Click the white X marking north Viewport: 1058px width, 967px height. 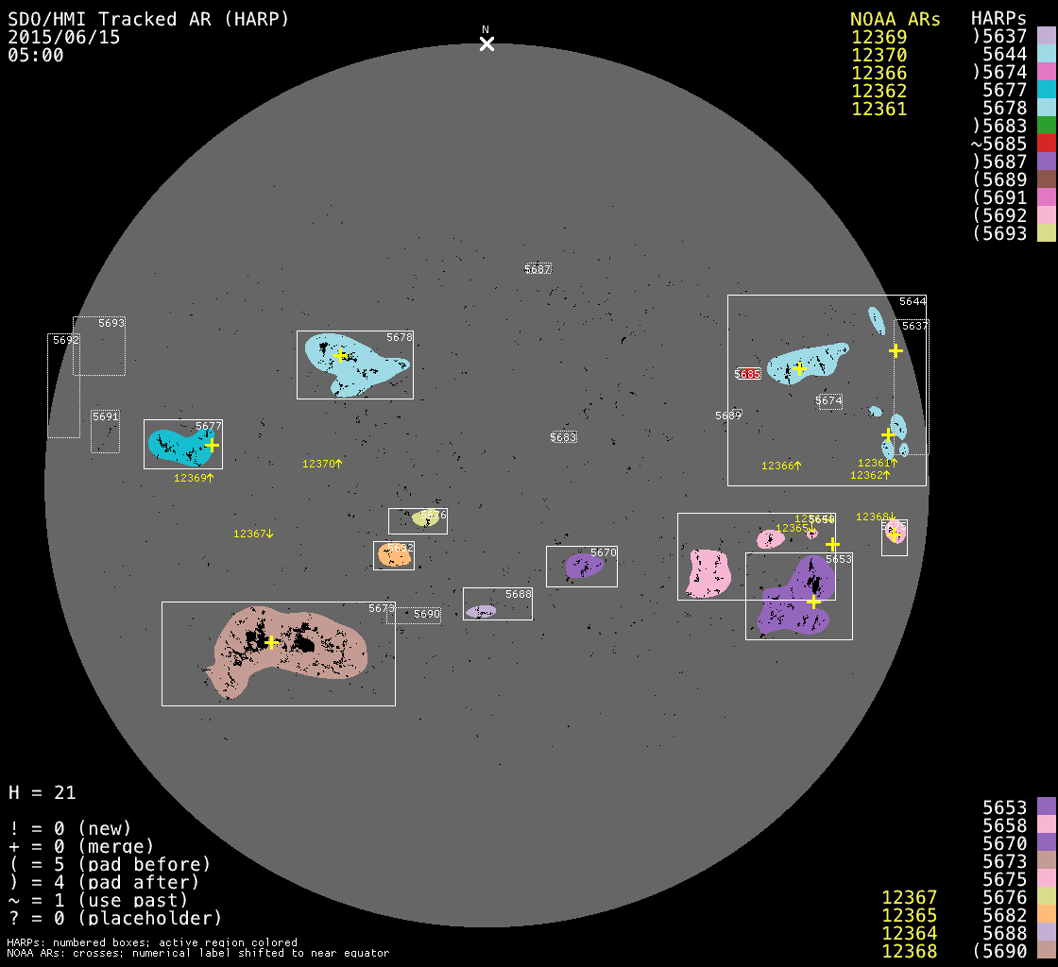click(x=486, y=43)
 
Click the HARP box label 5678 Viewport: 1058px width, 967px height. click(x=400, y=337)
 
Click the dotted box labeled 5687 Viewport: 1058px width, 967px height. click(x=538, y=269)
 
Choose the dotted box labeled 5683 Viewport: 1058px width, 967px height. click(x=563, y=437)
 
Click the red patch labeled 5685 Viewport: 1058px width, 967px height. click(x=748, y=374)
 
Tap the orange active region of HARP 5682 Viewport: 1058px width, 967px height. click(x=395, y=555)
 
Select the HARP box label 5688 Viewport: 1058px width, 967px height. click(x=519, y=594)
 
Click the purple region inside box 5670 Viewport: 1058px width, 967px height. click(x=583, y=566)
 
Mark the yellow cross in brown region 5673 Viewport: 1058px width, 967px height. click(x=271, y=642)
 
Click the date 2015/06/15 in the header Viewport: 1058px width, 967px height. click(x=64, y=38)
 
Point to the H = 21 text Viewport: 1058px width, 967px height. click(x=43, y=792)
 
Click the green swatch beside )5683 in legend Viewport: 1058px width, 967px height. click(x=1046, y=126)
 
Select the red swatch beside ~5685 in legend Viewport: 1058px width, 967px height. click(x=1046, y=144)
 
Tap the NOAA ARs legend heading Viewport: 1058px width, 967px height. click(x=895, y=19)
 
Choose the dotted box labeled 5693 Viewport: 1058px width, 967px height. click(x=99, y=346)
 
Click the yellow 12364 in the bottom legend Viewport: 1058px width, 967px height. click(x=909, y=933)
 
